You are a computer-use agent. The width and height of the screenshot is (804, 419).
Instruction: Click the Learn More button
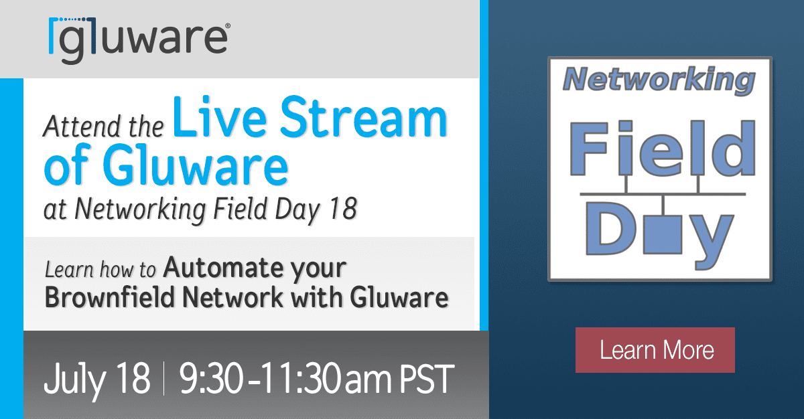point(656,350)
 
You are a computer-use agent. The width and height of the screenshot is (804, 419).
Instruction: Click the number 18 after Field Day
point(341,209)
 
